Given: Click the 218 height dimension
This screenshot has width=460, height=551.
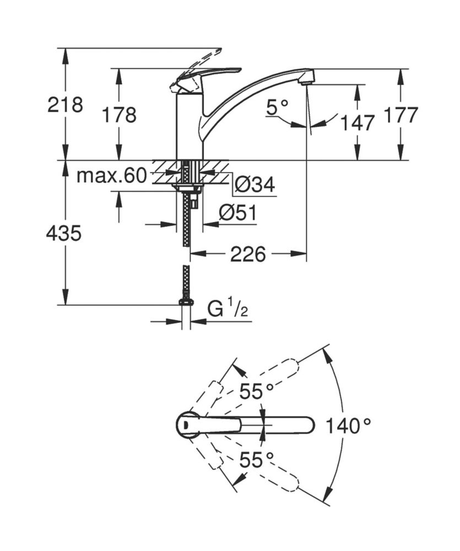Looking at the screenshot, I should (x=65, y=104).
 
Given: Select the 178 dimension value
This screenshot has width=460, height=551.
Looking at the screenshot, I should (x=118, y=115).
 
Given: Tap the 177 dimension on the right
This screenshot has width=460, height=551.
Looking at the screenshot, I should (x=401, y=115).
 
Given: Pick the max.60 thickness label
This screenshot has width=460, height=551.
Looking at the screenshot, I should (x=111, y=176).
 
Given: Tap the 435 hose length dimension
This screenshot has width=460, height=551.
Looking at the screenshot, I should (x=64, y=234).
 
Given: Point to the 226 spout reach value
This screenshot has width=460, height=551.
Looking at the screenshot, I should (x=248, y=254).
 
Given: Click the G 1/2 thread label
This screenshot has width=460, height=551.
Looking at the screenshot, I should (x=228, y=310).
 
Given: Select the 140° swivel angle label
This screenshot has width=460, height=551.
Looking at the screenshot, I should (x=348, y=425).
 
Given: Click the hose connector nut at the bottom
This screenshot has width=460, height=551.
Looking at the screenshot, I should (x=186, y=302).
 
